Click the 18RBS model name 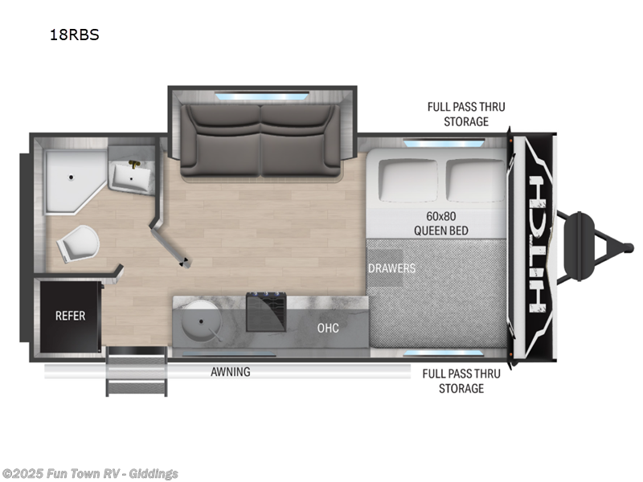74,35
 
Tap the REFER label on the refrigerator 70,316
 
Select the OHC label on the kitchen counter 328,328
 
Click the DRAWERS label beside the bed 391,268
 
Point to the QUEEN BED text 440,231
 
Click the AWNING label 231,372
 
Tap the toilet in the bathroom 78,243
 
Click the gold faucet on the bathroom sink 134,165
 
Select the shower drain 71,178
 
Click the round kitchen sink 201,322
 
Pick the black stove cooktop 266,312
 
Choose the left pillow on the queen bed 408,180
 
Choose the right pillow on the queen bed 476,180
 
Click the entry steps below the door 137,371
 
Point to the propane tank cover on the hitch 579,247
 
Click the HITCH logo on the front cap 539,244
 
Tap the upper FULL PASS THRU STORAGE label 466,114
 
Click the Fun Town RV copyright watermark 89,474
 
